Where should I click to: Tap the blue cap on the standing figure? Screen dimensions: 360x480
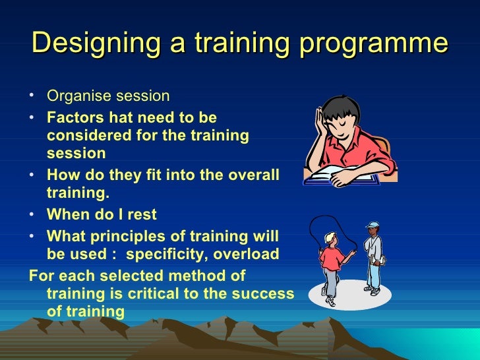pyautogui.click(x=373, y=226)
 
